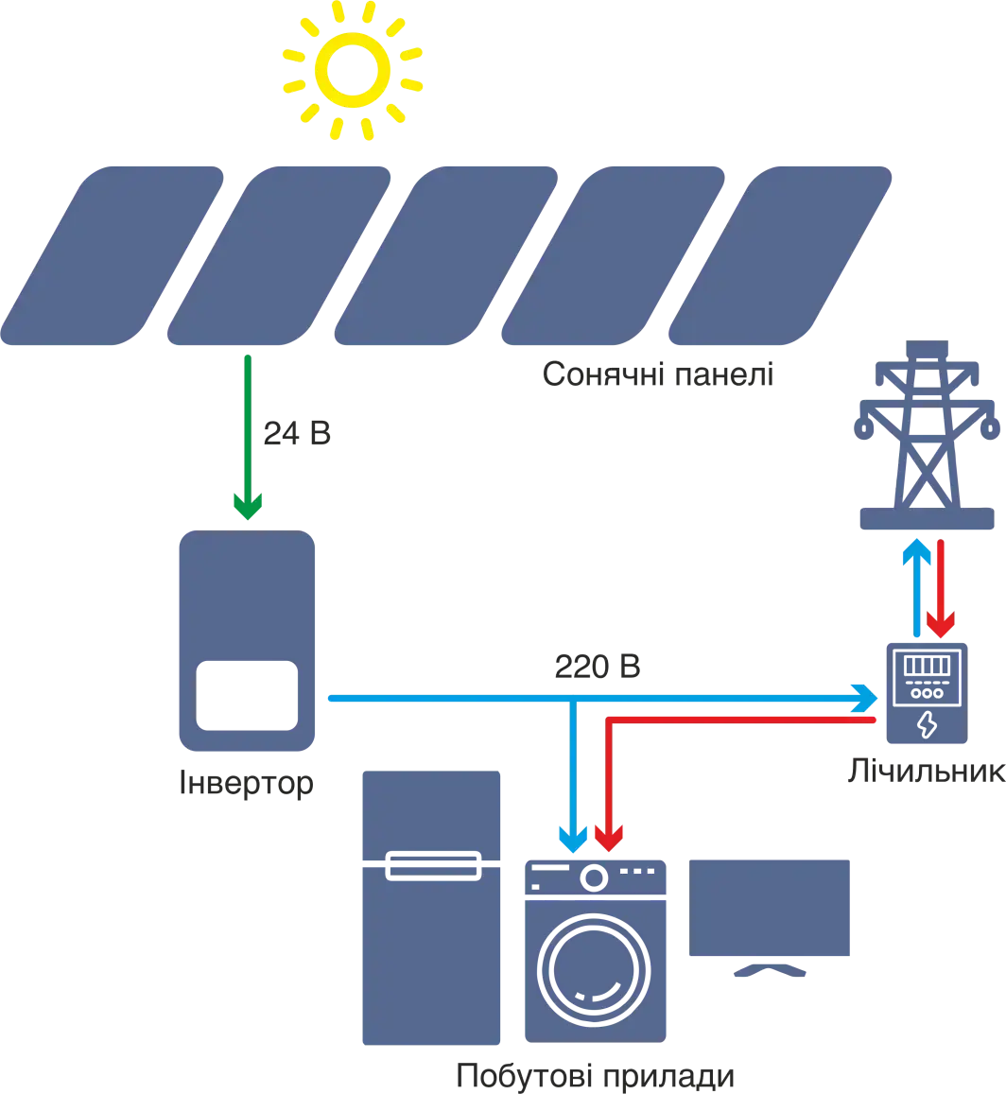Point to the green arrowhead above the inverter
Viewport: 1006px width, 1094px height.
click(247, 506)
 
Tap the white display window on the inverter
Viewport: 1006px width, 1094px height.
click(245, 695)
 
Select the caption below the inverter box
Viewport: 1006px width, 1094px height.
click(245, 782)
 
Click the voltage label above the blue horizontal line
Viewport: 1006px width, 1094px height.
click(597, 667)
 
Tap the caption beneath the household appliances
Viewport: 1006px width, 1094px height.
click(595, 1076)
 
